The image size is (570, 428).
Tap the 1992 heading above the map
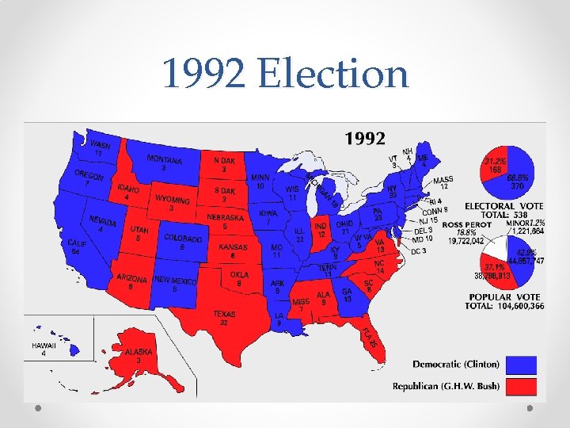[x=365, y=139]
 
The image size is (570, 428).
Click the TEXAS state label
[x=224, y=314]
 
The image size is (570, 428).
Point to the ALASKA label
[x=139, y=352]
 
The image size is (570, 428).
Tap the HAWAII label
[x=44, y=346]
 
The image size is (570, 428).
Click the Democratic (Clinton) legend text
[x=456, y=365]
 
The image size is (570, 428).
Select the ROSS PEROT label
[x=467, y=225]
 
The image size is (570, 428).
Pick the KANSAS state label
[x=233, y=247]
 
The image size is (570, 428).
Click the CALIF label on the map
[x=77, y=243]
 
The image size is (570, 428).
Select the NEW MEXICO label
[x=175, y=281]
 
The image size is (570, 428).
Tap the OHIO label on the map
[x=344, y=224]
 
